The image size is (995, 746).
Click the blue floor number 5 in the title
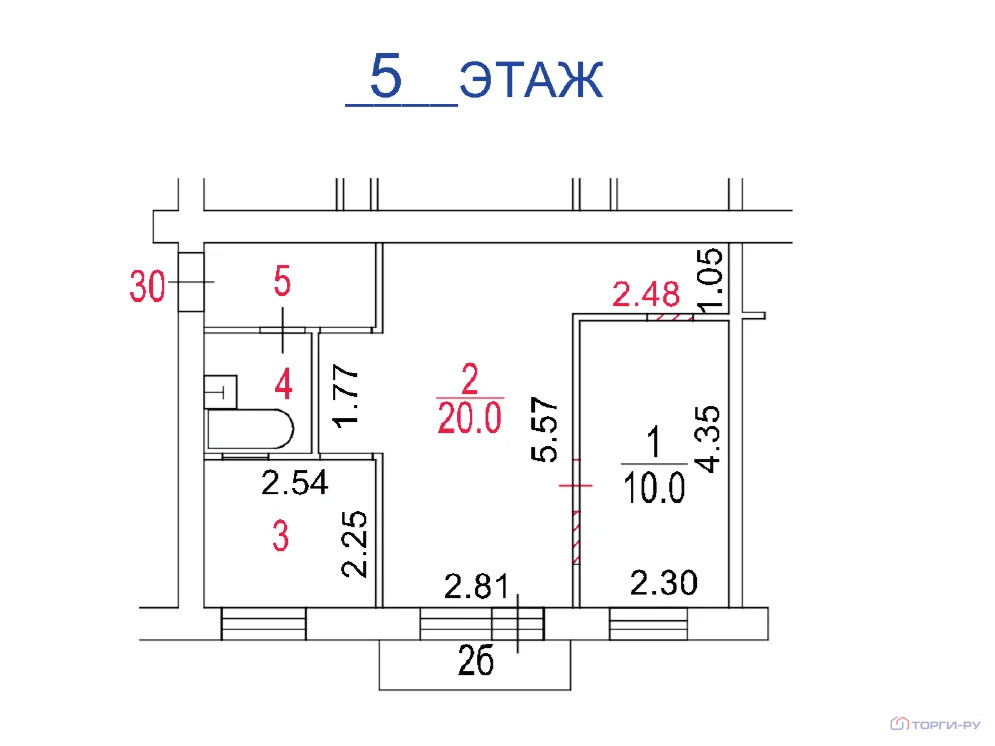point(386,76)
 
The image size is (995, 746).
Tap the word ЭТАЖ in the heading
point(530,81)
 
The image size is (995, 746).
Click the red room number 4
point(283,384)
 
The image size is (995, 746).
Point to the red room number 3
point(280,536)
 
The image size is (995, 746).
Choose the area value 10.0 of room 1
point(654,488)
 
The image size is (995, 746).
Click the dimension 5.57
point(545,429)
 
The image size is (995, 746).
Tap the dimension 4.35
point(708,439)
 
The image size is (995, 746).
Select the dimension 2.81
point(477,587)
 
